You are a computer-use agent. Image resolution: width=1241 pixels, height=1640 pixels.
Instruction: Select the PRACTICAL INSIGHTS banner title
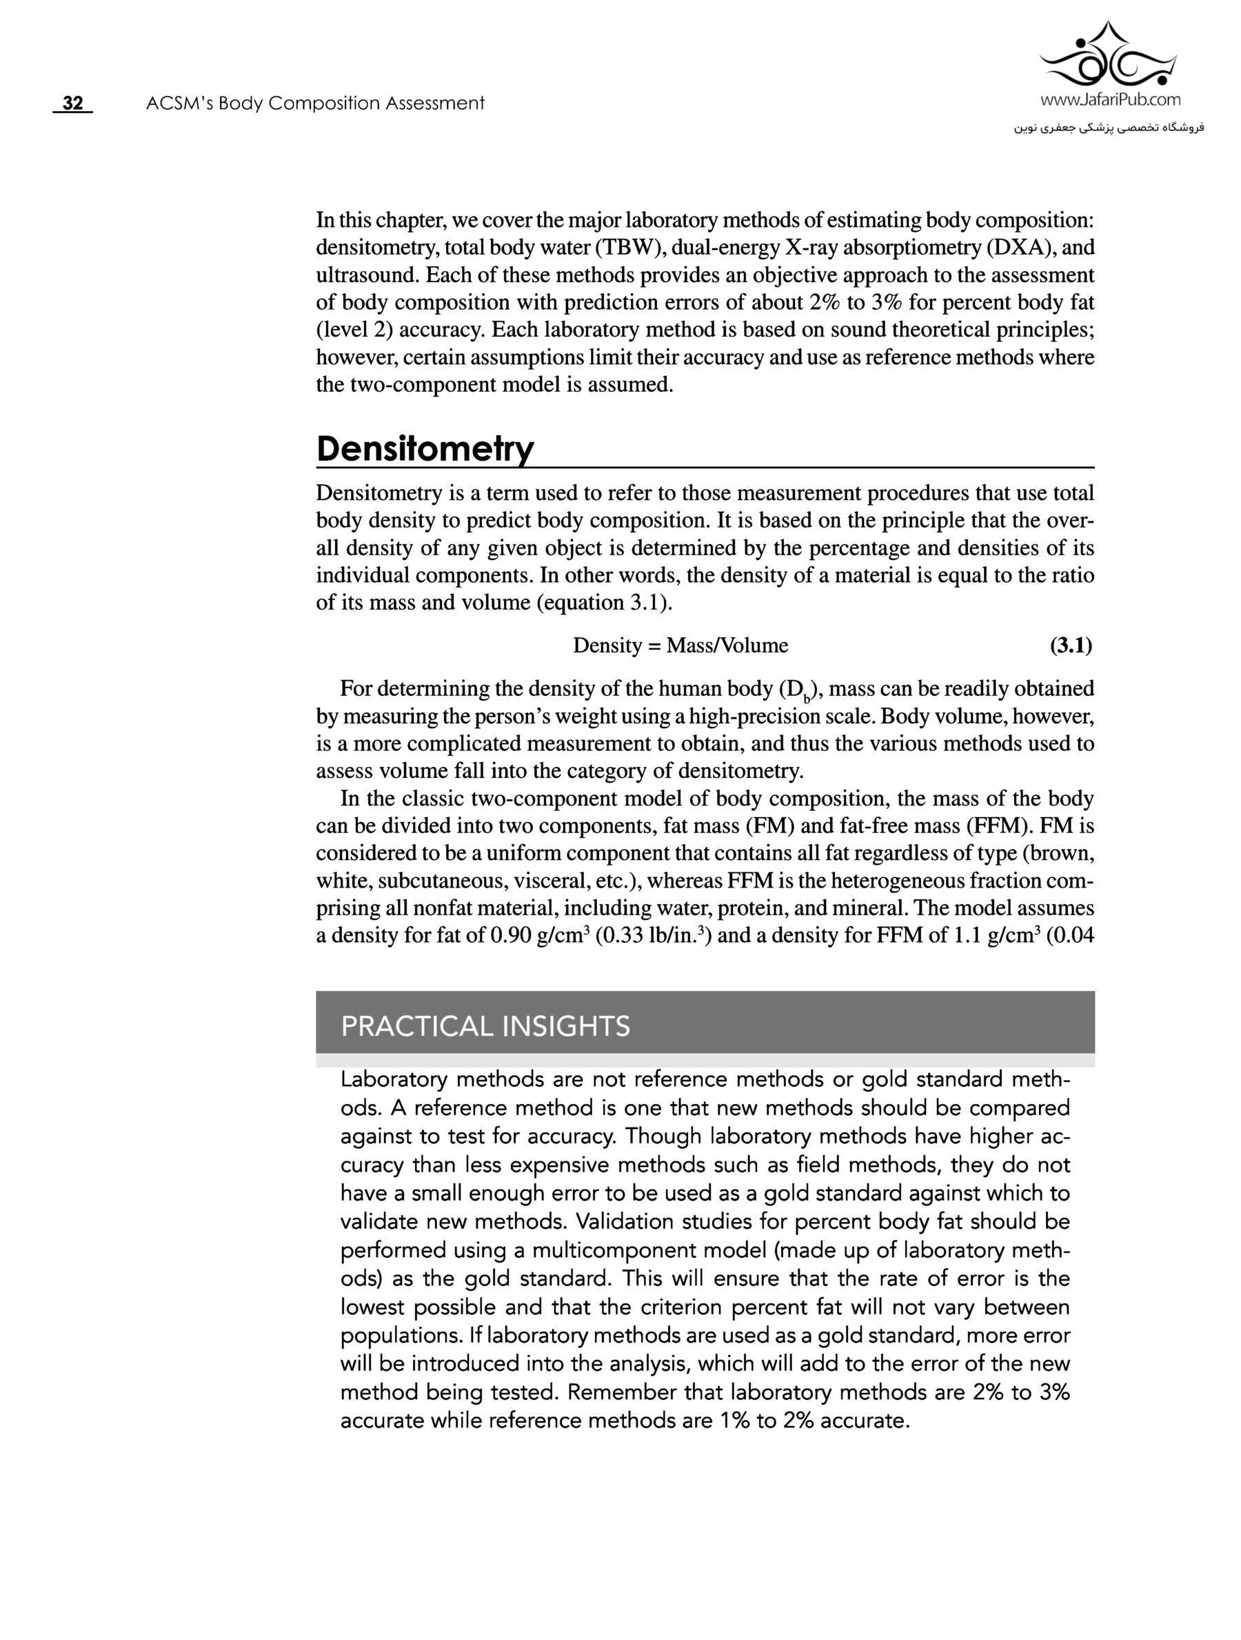pyautogui.click(x=485, y=1026)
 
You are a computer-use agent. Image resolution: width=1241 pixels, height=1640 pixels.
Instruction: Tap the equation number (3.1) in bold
pyautogui.click(x=1071, y=646)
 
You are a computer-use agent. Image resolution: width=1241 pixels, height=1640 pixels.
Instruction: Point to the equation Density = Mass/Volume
pyautogui.click(x=680, y=646)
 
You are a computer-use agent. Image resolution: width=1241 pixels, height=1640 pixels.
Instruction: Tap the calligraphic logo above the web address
pyautogui.click(x=1110, y=56)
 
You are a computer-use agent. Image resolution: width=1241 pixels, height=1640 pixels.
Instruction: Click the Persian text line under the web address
pyautogui.click(x=1110, y=128)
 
